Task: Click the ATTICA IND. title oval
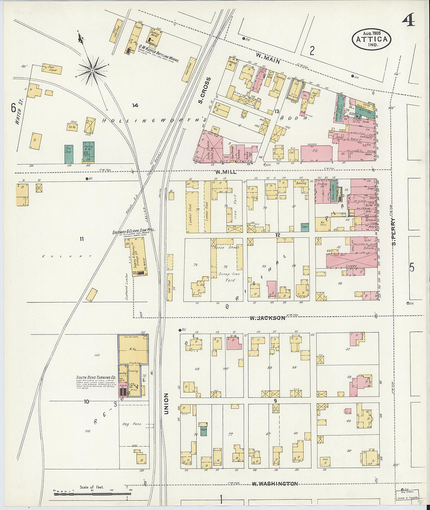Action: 371,39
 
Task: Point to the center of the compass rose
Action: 92,70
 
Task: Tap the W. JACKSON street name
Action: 268,318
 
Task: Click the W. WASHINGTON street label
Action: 274,484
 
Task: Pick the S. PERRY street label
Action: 394,232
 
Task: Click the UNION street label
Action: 166,403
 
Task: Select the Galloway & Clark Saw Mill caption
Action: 134,231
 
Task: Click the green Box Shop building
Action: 69,154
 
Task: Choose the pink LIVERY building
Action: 351,266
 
